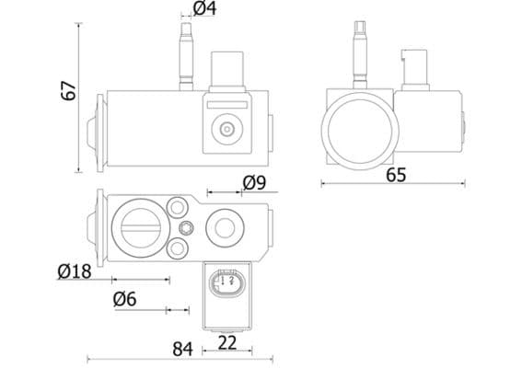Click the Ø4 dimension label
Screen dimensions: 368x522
204,9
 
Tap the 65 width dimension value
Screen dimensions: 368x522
396,174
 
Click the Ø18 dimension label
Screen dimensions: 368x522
74,271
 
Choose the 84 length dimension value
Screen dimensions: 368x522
182,349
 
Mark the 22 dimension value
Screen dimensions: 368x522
227,342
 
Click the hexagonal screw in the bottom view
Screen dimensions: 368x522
187,228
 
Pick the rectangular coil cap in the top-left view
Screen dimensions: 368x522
226,69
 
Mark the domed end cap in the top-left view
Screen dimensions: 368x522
92,130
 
